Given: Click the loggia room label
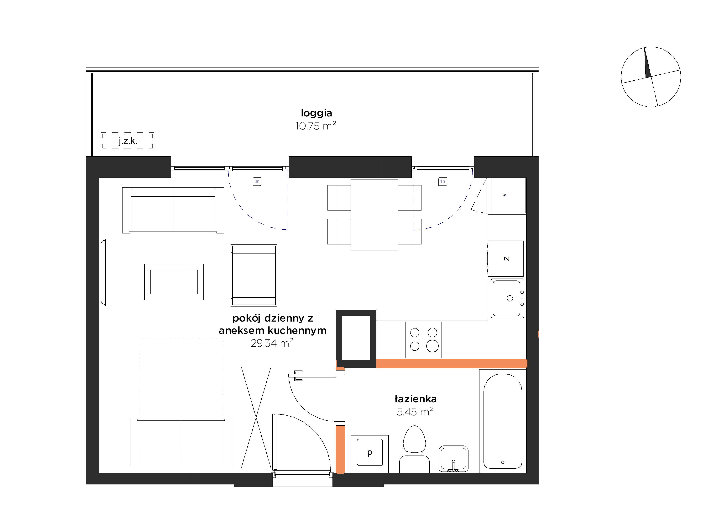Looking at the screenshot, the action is coord(316,113).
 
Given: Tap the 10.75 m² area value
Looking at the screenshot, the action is coord(316,126).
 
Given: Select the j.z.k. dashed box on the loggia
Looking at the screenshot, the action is coord(128,141).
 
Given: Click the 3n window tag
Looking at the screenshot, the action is coord(257,182).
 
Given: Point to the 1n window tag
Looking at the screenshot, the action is coord(443,182).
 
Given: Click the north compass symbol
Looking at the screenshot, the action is coord(651,77).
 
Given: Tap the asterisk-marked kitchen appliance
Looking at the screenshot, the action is coord(508,195).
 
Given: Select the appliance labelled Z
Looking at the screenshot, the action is coord(507,259).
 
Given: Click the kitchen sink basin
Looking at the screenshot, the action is coord(508,298).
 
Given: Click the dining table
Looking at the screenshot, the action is coord(374,215).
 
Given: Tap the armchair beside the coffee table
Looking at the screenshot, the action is coord(254,275).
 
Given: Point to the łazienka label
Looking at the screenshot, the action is coord(416,399).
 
